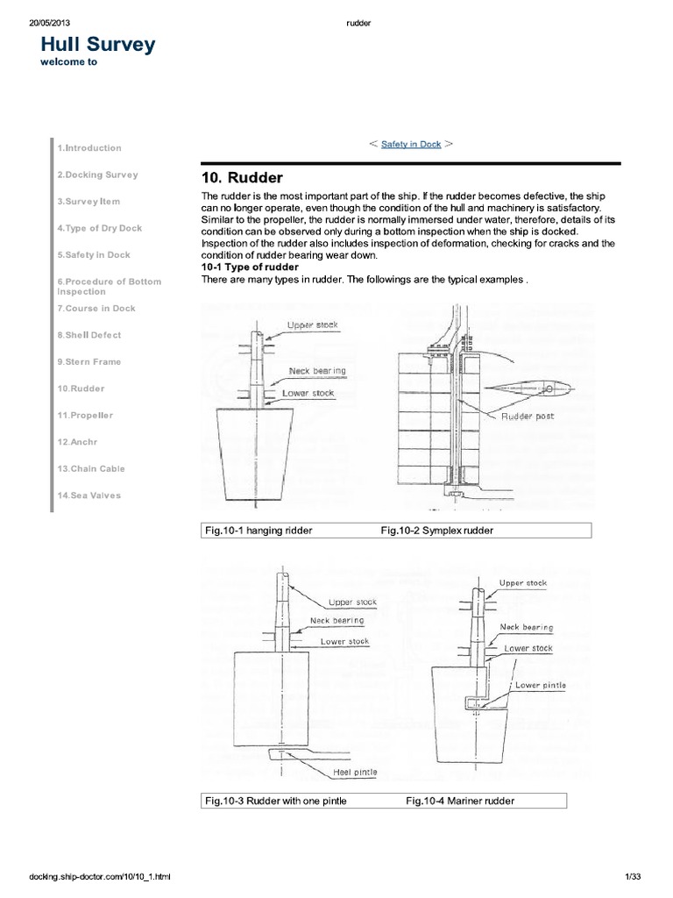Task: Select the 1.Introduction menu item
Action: click(89, 148)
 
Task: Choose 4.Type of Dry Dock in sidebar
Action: click(99, 228)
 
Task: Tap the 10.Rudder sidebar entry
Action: click(81, 388)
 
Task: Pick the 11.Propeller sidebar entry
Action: click(86, 415)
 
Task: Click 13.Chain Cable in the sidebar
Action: click(91, 468)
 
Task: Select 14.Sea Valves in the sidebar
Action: click(89, 495)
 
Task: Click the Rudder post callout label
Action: click(528, 417)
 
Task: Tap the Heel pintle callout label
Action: click(354, 773)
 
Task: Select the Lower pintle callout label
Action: click(540, 685)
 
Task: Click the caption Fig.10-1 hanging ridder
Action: click(259, 531)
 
